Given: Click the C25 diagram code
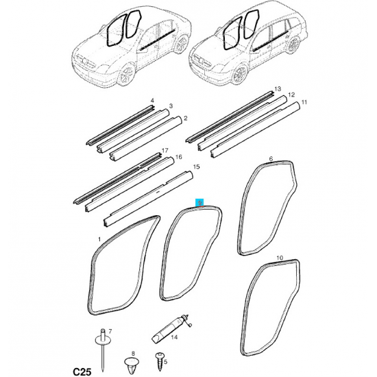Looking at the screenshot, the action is pos(82,372).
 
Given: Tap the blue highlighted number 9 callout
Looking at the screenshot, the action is pos(199,203).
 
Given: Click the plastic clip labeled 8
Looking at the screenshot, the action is pos(132,365).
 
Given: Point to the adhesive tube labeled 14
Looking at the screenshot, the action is pos(171,330).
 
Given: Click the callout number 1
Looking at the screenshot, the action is pos(99,239).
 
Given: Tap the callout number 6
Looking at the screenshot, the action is pos(271,159).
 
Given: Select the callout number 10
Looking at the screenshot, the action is pos(280,258).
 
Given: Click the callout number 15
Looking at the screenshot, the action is pos(197,167).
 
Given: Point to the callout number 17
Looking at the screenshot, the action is pos(165,151).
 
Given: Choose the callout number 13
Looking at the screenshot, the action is pos(278,89).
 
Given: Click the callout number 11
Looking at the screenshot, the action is pos(304,102).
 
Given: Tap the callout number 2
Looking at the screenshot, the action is pos(185,118).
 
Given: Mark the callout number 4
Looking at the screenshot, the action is pos(152,101).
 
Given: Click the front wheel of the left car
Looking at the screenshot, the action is pos(127,74).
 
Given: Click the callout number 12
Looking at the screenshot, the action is pos(291,95).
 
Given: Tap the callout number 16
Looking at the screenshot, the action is pos(179,157).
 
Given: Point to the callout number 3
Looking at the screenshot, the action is pos(171,106).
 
